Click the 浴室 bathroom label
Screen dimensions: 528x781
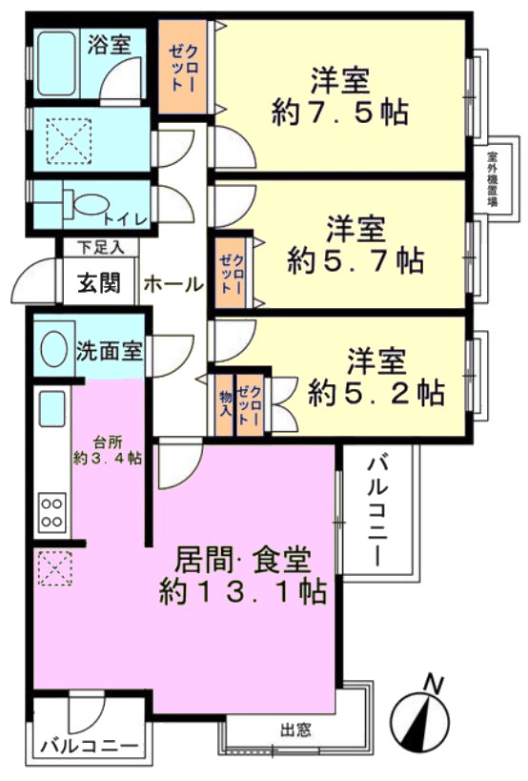pyautogui.click(x=109, y=45)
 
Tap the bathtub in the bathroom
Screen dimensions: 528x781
pyautogui.click(x=57, y=63)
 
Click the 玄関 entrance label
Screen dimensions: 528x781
pyautogui.click(x=98, y=283)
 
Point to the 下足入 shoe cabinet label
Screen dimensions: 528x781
pyautogui.click(x=101, y=248)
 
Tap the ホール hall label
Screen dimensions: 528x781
pyautogui.click(x=173, y=284)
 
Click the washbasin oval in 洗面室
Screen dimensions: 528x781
pyautogui.click(x=54, y=348)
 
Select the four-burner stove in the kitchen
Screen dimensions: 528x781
pyautogui.click(x=52, y=512)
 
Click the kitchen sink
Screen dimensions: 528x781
pyautogui.click(x=52, y=408)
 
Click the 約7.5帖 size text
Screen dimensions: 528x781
pyautogui.click(x=340, y=113)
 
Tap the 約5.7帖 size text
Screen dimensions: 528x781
pyautogui.click(x=355, y=260)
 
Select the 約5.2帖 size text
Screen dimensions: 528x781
pyautogui.click(x=376, y=394)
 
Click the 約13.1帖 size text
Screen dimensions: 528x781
pyautogui.click(x=243, y=592)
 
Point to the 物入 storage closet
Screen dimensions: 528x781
pyautogui.click(x=226, y=405)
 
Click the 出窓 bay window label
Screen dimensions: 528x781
pyautogui.click(x=295, y=730)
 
